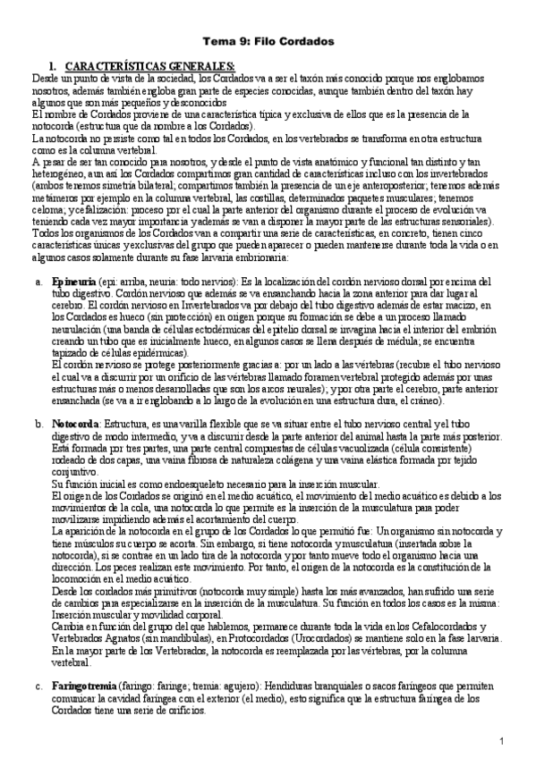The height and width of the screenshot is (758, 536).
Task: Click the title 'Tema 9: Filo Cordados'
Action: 268,41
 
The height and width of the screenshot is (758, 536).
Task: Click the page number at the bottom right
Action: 503,742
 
